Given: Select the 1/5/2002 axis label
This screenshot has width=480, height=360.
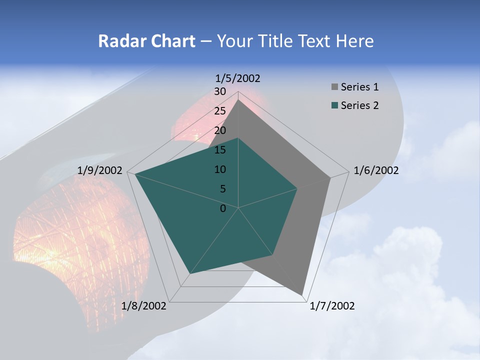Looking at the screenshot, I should click(x=238, y=78).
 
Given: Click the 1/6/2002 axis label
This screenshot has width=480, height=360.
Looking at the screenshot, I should click(x=376, y=170).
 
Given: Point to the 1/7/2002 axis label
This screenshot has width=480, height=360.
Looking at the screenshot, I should click(x=332, y=306).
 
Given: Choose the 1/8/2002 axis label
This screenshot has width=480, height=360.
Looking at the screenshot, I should click(x=144, y=306).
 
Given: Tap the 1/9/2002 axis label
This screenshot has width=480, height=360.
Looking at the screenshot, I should click(x=100, y=170).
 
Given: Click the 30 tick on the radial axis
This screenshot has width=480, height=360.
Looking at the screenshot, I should click(x=220, y=91).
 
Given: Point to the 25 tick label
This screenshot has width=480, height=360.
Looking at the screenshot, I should click(x=220, y=111).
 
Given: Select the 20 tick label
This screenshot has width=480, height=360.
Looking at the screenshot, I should click(x=220, y=130).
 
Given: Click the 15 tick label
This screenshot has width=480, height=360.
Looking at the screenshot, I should click(x=220, y=150).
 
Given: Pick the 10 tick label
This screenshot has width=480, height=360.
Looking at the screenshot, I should click(x=220, y=169).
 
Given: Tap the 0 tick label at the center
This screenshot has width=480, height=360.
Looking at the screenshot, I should click(x=223, y=208).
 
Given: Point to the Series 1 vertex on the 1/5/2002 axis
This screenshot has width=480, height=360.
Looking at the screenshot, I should click(x=238, y=100).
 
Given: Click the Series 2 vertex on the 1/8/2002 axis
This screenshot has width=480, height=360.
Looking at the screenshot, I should click(x=190, y=273).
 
